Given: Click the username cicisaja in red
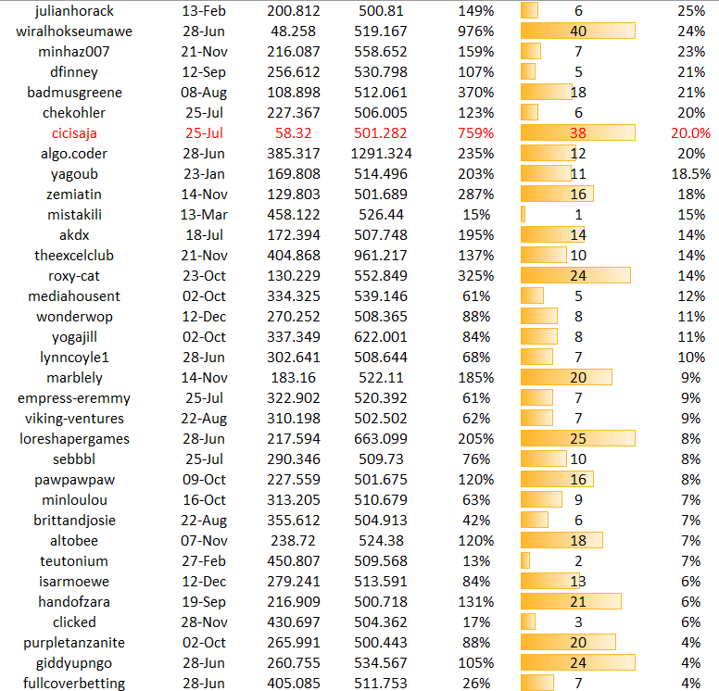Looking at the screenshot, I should (75, 132).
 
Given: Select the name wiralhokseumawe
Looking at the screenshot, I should (75, 31).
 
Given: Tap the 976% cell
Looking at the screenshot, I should (475, 31).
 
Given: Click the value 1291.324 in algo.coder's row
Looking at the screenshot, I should (381, 153).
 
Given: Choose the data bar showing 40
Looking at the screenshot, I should (578, 31).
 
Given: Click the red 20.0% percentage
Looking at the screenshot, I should (690, 132).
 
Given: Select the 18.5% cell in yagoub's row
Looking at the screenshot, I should (691, 173).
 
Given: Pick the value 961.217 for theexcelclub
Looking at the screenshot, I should (381, 255).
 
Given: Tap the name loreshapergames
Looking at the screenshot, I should (75, 438).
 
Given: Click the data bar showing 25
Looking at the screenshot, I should (578, 438).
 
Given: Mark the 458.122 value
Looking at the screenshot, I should (294, 214).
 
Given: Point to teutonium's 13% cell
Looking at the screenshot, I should (475, 560).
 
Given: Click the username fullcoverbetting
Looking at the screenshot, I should (75, 683).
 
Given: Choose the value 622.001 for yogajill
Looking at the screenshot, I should (381, 336).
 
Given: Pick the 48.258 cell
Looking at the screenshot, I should (294, 31).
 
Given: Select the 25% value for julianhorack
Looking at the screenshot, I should (691, 10).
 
